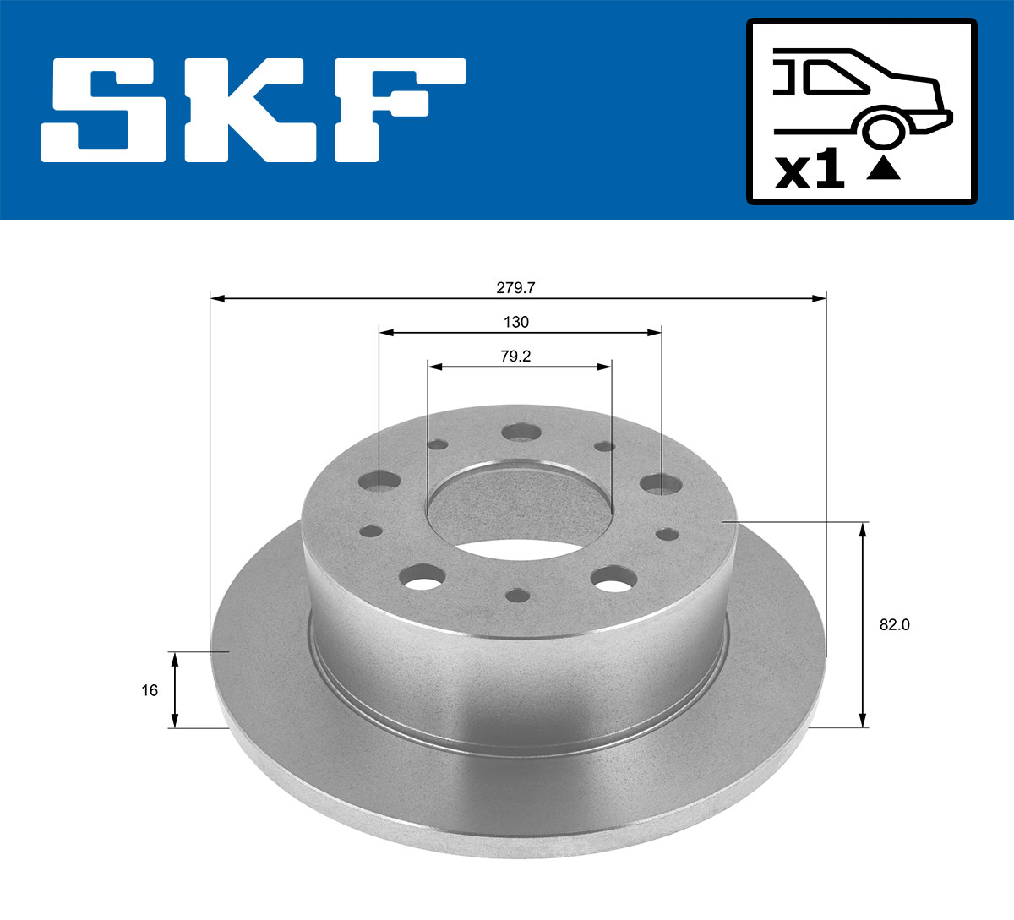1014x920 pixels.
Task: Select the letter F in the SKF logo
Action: [x=397, y=110]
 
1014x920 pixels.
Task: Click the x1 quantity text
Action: [x=810, y=171]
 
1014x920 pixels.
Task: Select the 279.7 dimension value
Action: [x=515, y=287]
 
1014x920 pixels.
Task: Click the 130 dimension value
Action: [x=515, y=322]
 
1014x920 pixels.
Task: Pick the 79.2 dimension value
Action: [x=515, y=357]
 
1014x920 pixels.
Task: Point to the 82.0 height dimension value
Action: [x=894, y=625]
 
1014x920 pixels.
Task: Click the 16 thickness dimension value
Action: [x=150, y=690]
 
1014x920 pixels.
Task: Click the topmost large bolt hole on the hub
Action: [x=521, y=433]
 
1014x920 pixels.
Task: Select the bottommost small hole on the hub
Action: [x=517, y=596]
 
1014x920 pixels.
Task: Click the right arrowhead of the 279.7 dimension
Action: [x=820, y=298]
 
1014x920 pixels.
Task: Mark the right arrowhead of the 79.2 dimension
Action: [x=605, y=367]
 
